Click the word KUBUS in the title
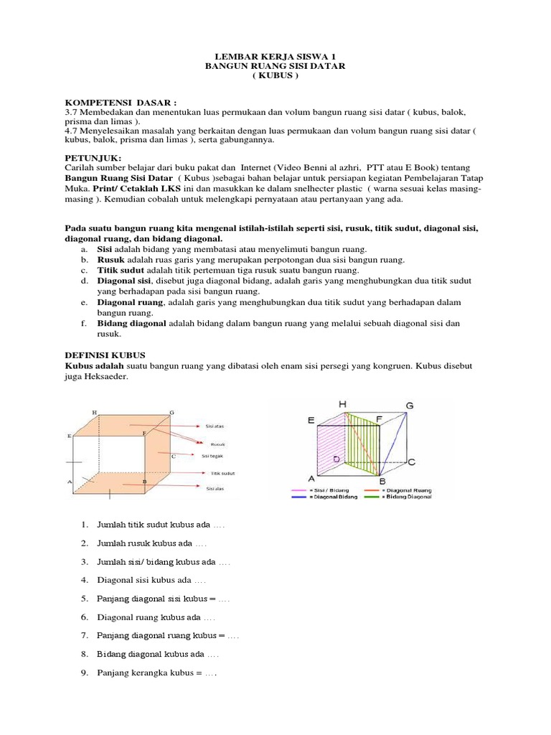275,76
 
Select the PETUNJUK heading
93,157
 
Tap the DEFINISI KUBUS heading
105,355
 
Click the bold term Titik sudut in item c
122,270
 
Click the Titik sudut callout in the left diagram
223,473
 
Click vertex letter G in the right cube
410,406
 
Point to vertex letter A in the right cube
311,479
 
